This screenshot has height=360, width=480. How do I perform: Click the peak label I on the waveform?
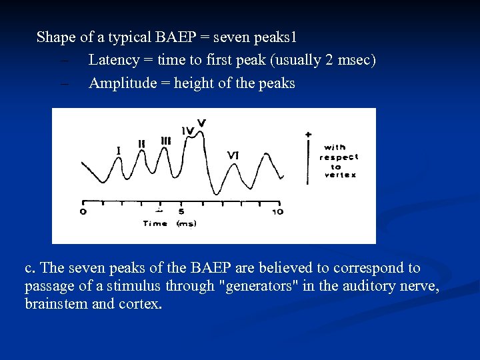pyautogui.click(x=119, y=151)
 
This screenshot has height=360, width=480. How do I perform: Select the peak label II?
pyautogui.click(x=141, y=143)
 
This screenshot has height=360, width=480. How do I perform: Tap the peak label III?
pyautogui.click(x=165, y=141)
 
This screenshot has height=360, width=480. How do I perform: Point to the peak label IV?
pyautogui.click(x=187, y=131)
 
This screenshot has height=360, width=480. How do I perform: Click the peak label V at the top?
pyautogui.click(x=201, y=123)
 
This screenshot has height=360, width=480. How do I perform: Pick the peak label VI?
pyautogui.click(x=233, y=155)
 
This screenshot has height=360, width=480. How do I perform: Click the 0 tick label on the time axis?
pyautogui.click(x=83, y=212)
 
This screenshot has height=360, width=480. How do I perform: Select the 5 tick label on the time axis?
pyautogui.click(x=181, y=212)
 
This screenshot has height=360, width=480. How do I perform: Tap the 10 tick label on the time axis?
pyautogui.click(x=277, y=212)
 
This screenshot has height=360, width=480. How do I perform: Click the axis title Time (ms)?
pyautogui.click(x=169, y=224)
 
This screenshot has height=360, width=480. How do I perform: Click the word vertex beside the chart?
pyautogui.click(x=340, y=175)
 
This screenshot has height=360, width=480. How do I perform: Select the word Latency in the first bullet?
pyautogui.click(x=113, y=60)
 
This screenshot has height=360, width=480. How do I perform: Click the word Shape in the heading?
pyautogui.click(x=56, y=37)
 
